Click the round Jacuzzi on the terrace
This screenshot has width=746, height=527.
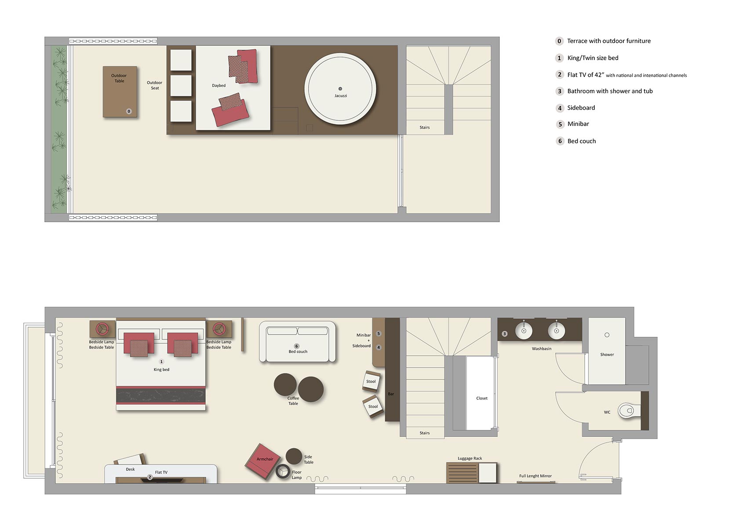[340, 89]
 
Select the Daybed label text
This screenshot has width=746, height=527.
[218, 86]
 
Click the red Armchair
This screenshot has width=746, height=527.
[263, 461]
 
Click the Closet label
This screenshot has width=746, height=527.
[482, 398]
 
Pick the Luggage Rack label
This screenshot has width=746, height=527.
[469, 458]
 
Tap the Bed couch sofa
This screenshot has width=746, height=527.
[297, 343]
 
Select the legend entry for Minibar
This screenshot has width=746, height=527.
[578, 124]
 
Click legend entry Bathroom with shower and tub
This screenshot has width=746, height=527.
[610, 91]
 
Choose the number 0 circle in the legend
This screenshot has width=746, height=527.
[559, 41]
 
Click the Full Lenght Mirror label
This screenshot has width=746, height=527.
[535, 476]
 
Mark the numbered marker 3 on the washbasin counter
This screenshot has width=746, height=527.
[504, 334]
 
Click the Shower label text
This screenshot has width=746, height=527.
[607, 354]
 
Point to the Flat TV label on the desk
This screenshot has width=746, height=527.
[161, 473]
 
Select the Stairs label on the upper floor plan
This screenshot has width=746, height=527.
[424, 127]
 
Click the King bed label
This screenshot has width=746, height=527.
[161, 369]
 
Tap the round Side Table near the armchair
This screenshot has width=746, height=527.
[294, 456]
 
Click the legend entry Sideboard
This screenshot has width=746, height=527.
[581, 108]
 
